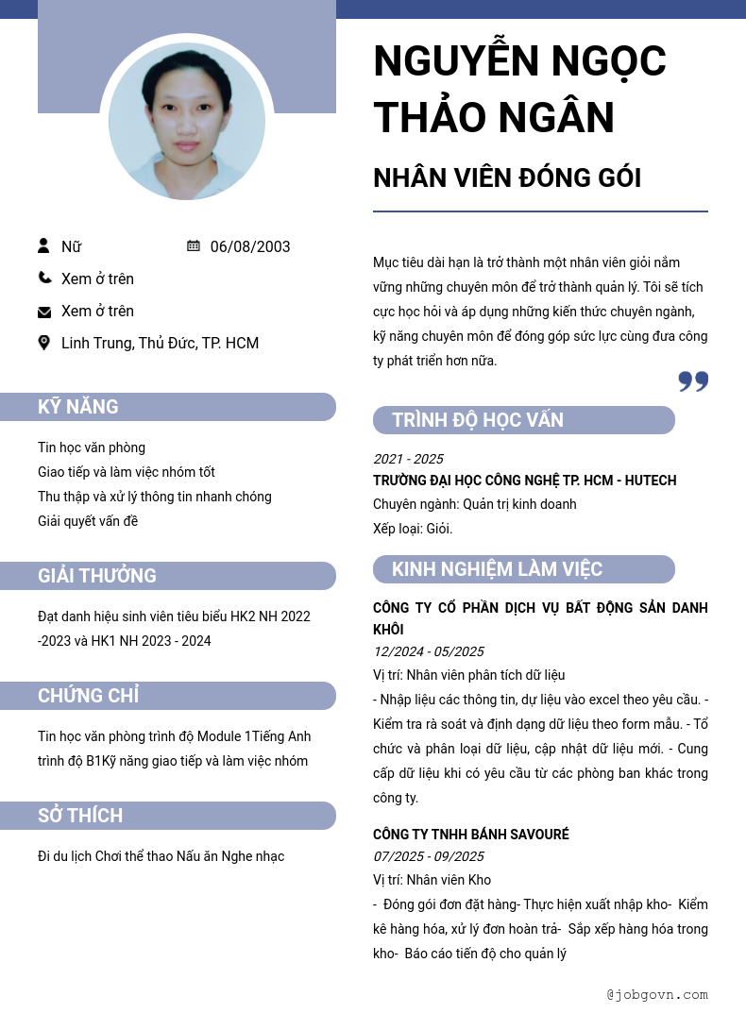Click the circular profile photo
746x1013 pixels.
pos(187,121)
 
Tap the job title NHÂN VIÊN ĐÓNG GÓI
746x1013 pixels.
pos(507,177)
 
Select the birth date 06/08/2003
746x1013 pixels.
pos(250,247)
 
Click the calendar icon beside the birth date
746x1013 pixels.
pos(194,246)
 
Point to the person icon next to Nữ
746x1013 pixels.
pos(43,246)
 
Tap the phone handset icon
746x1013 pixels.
pos(44,279)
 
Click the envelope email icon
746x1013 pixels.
pos(44,312)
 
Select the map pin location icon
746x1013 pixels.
pos(43,343)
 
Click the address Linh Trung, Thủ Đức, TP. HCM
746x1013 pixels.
pos(160,344)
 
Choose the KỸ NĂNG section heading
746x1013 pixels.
pos(78,407)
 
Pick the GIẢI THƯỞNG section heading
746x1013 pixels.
pos(97,576)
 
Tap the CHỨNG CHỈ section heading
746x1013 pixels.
pos(88,696)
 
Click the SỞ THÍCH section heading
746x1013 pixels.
pos(80,816)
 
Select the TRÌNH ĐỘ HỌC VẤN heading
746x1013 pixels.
pos(478,420)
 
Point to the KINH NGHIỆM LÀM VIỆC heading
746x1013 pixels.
pos(497,569)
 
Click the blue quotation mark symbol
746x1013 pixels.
pos(693,381)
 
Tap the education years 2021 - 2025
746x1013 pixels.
pos(408,459)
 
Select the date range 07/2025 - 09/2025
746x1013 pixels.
pos(428,856)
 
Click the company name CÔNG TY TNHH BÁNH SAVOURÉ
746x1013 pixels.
pos(471,835)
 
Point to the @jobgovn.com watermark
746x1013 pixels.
pos(657,994)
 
